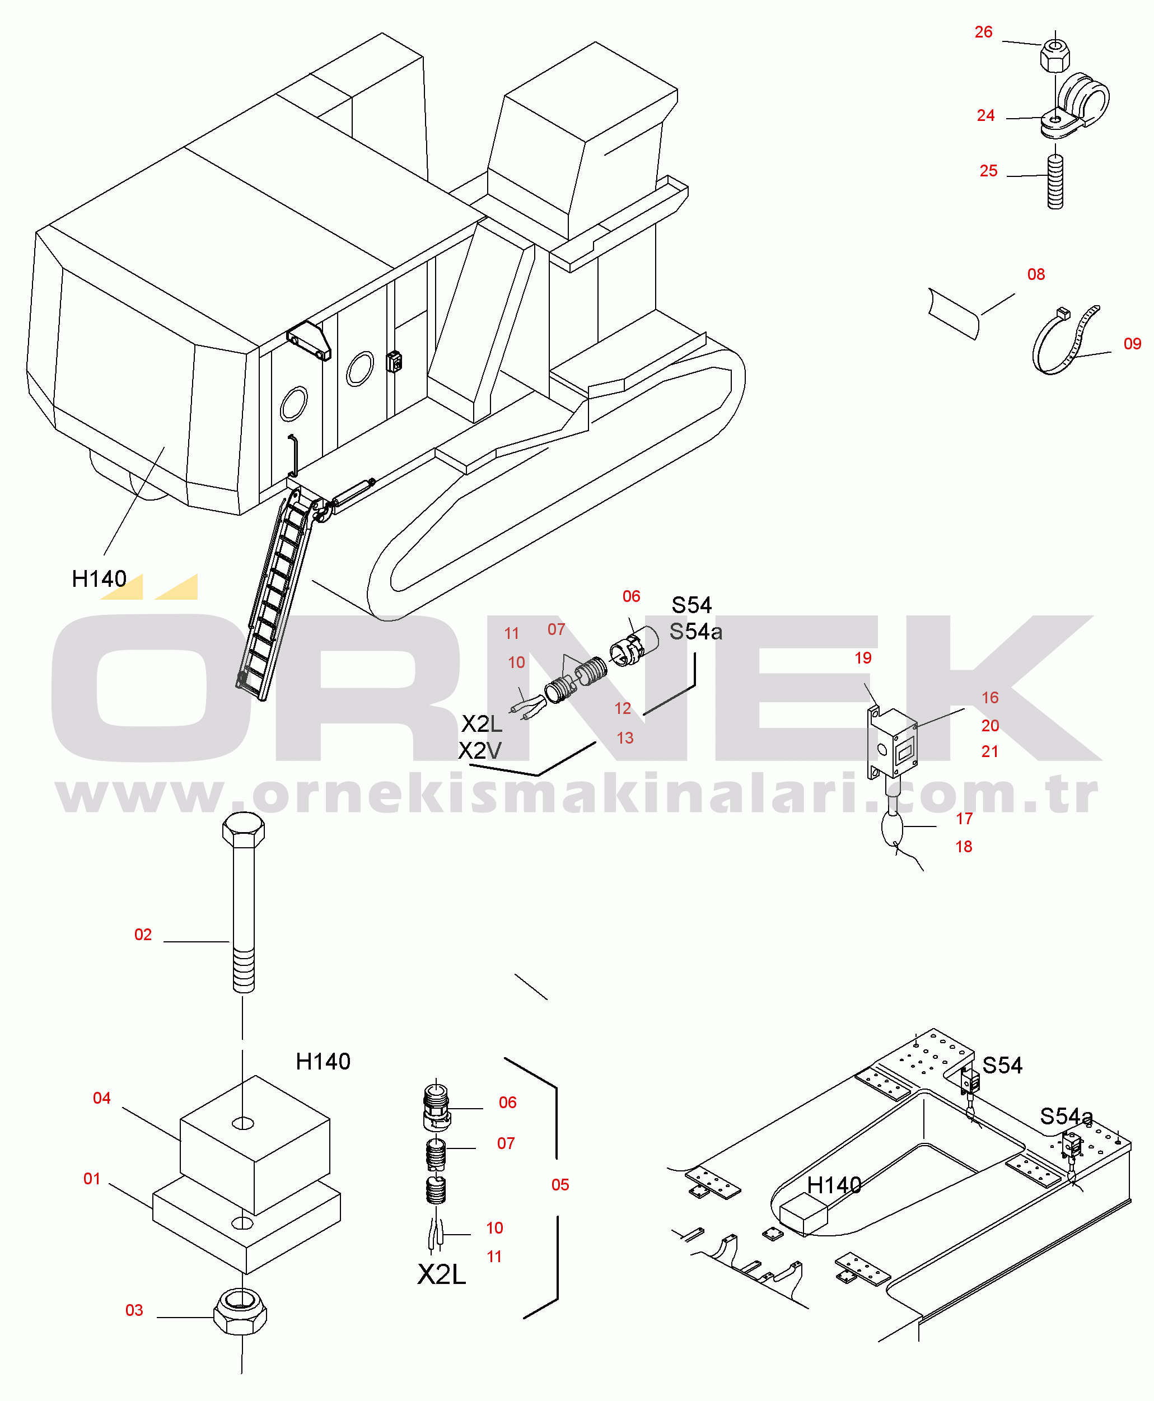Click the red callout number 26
point(983,32)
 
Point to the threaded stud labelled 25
point(1055,182)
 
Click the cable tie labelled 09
point(1064,340)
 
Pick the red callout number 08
point(1036,274)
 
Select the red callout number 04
point(102,1098)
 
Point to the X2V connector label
point(480,751)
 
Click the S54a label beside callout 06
point(695,632)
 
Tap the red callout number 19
point(863,658)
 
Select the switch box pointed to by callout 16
point(892,742)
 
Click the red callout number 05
point(560,1185)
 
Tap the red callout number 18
point(964,847)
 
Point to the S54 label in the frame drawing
point(1002,1066)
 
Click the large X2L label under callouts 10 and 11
point(442,1274)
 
